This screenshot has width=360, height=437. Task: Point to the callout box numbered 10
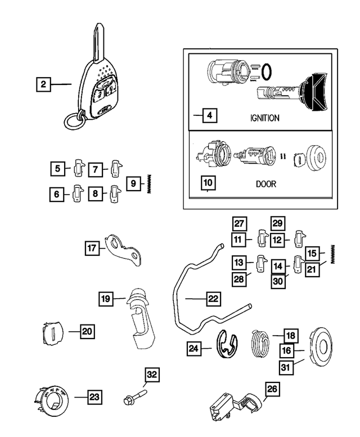(x=208, y=183)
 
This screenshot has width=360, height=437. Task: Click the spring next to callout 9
(x=150, y=183)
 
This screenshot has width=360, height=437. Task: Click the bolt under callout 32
(x=133, y=399)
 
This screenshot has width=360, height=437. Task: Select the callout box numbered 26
(x=272, y=389)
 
